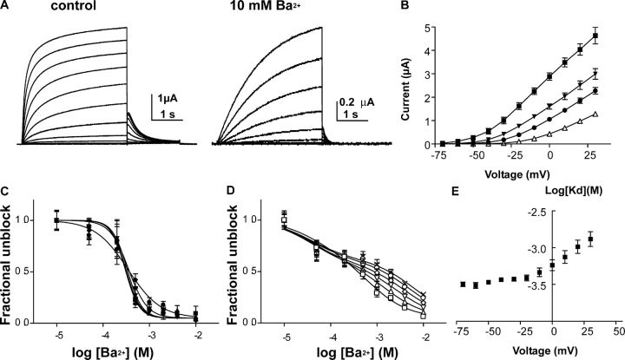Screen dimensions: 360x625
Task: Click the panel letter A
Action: pos(8,7)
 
